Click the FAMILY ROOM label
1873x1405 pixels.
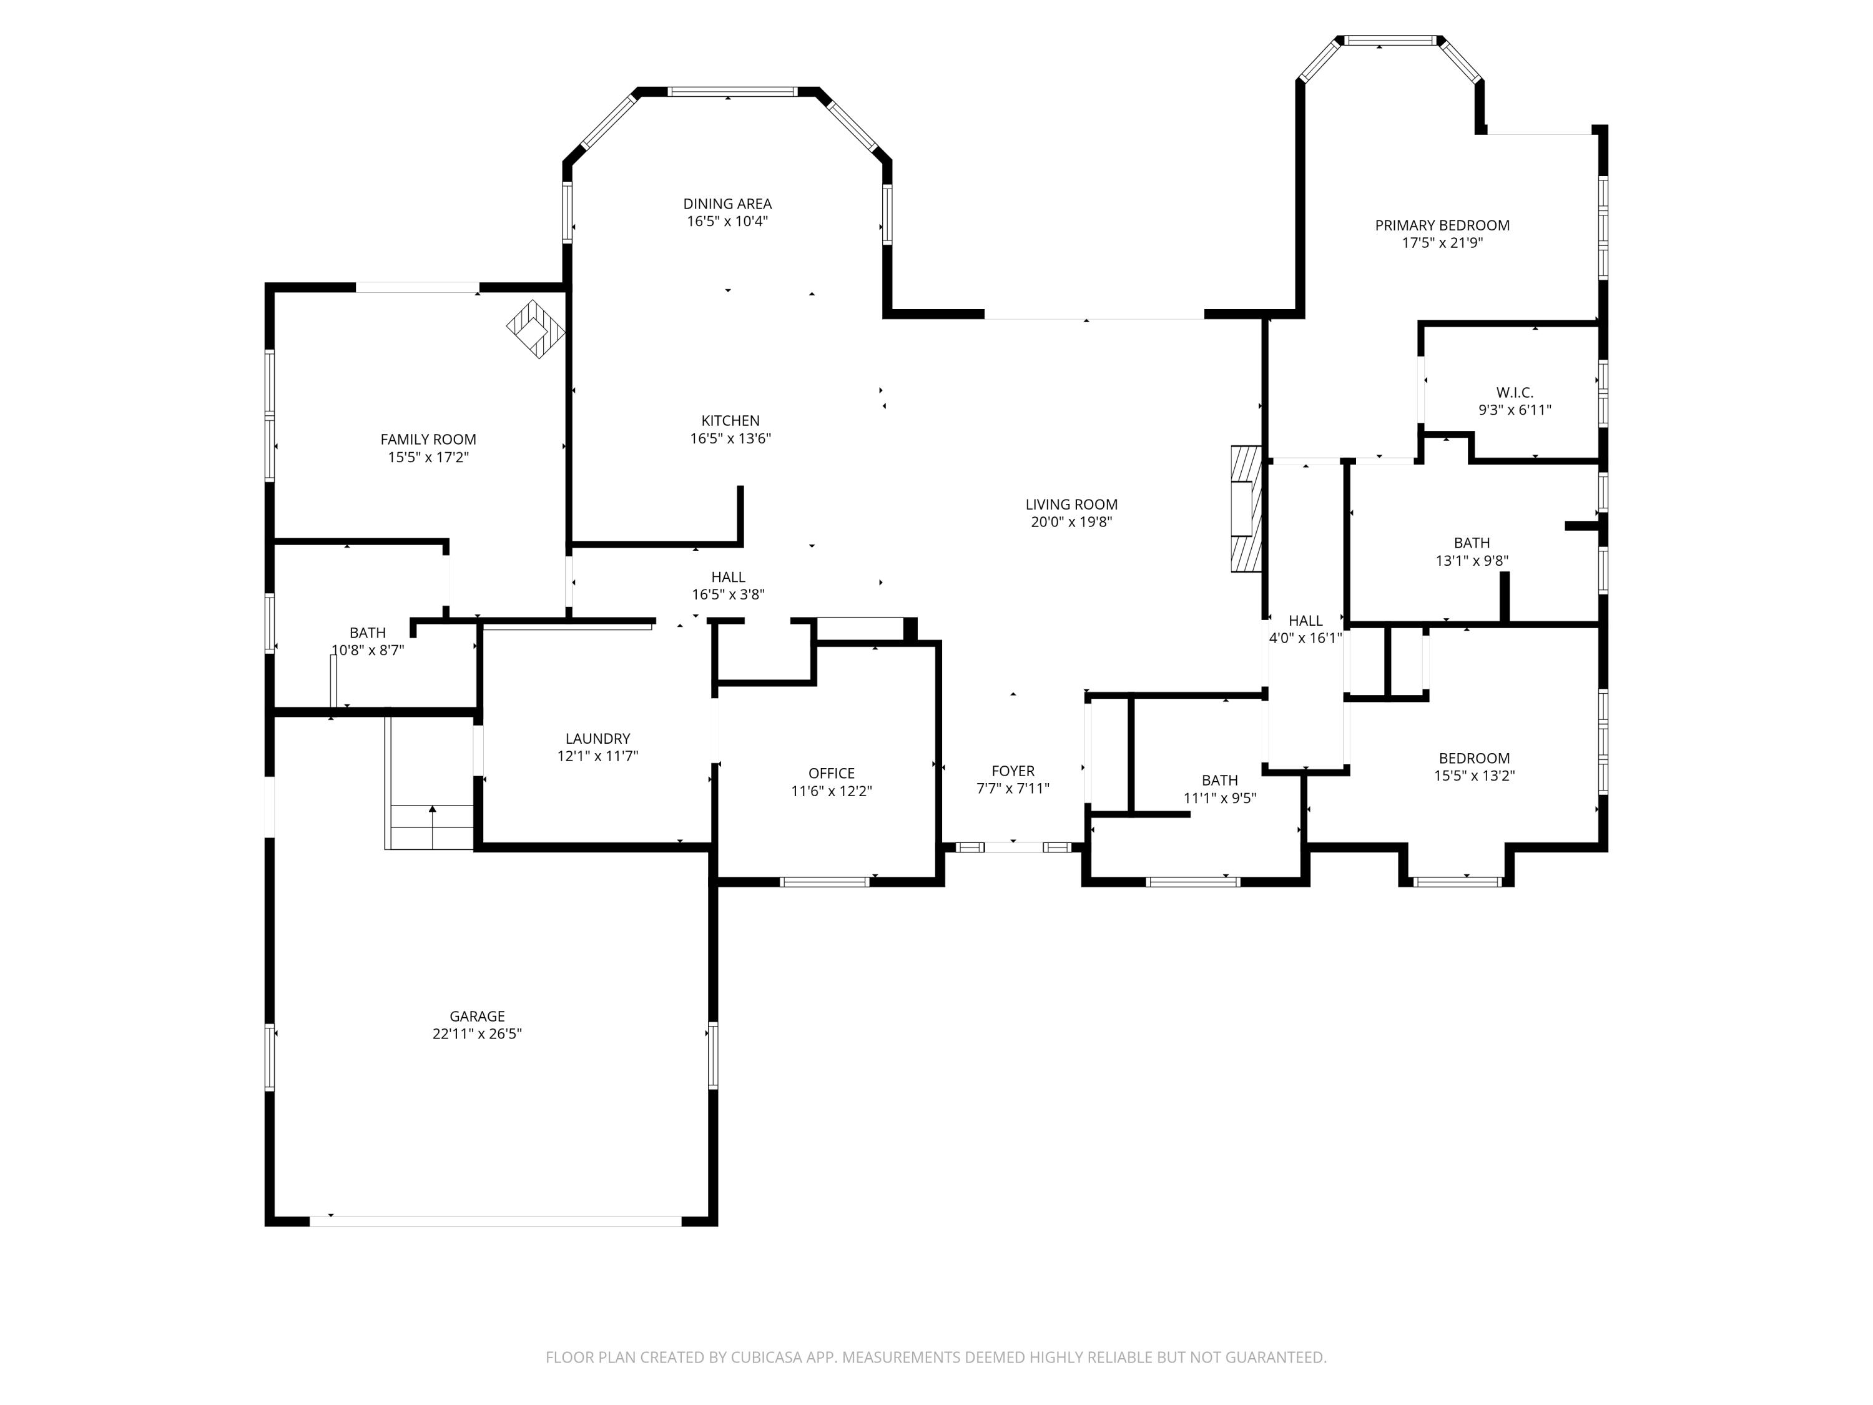pyautogui.click(x=428, y=440)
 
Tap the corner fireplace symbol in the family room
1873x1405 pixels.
pyautogui.click(x=535, y=328)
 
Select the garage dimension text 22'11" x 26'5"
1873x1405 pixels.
pyautogui.click(x=477, y=1033)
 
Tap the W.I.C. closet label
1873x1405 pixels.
pyautogui.click(x=1514, y=393)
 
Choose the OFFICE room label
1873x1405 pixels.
pyautogui.click(x=830, y=773)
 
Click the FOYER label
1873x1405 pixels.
pyautogui.click(x=1013, y=771)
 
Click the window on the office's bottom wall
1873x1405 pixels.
pyautogui.click(x=824, y=882)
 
